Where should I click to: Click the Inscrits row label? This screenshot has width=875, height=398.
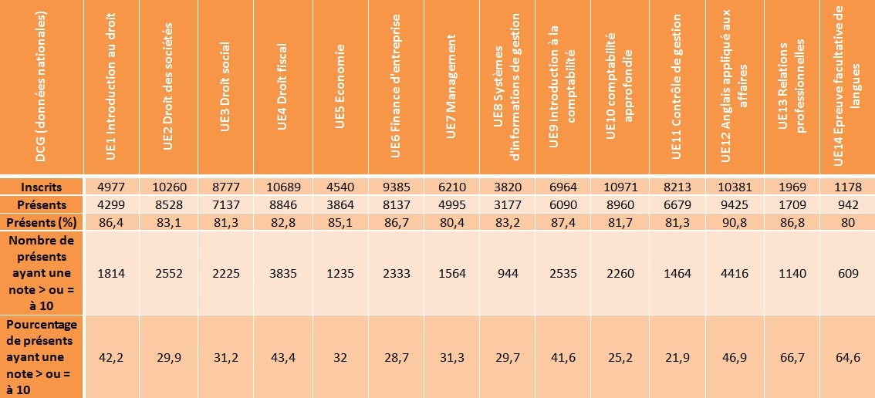[42, 187]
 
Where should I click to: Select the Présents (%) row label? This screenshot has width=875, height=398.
[42, 222]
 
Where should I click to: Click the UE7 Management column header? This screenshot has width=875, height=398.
[452, 86]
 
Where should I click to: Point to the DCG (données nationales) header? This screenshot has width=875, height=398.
[42, 86]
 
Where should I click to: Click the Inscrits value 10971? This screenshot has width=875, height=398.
[620, 187]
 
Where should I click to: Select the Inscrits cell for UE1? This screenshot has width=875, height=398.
[112, 187]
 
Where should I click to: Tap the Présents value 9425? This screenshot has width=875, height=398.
[735, 205]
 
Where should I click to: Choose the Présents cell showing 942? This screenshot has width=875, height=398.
[846, 205]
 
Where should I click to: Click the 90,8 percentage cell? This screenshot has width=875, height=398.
[735, 222]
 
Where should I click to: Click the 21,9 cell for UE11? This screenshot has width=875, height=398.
[677, 357]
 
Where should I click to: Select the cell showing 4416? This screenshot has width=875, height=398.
[735, 272]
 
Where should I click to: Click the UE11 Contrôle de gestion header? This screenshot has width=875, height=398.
[677, 86]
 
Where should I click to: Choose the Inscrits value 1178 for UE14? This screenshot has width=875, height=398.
[846, 187]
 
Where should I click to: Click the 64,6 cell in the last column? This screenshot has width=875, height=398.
[846, 357]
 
